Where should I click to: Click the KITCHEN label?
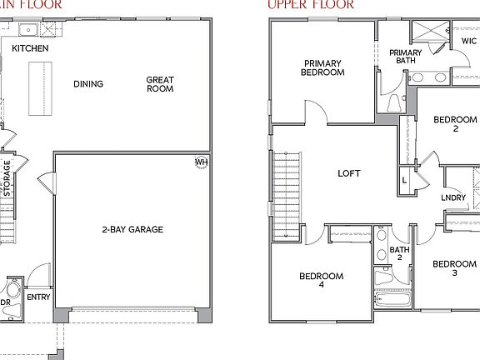coord(30,49)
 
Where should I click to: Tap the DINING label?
coord(87,83)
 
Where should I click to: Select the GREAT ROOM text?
coord(159,84)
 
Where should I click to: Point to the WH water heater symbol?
coord(201,162)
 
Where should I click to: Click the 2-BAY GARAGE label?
coord(132,229)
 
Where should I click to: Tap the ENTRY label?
coord(38,297)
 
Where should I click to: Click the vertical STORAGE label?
coord(7,178)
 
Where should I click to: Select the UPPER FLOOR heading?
coord(312,5)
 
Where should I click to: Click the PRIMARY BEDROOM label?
coord(323,67)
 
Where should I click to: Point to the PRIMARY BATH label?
coord(406,57)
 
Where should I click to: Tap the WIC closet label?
coord(468,39)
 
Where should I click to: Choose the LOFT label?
coord(348,174)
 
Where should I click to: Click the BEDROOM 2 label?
coord(455,124)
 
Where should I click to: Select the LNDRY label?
coord(453,197)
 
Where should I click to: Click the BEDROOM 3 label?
coord(454,268)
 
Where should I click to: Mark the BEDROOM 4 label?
coord(322,281)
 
